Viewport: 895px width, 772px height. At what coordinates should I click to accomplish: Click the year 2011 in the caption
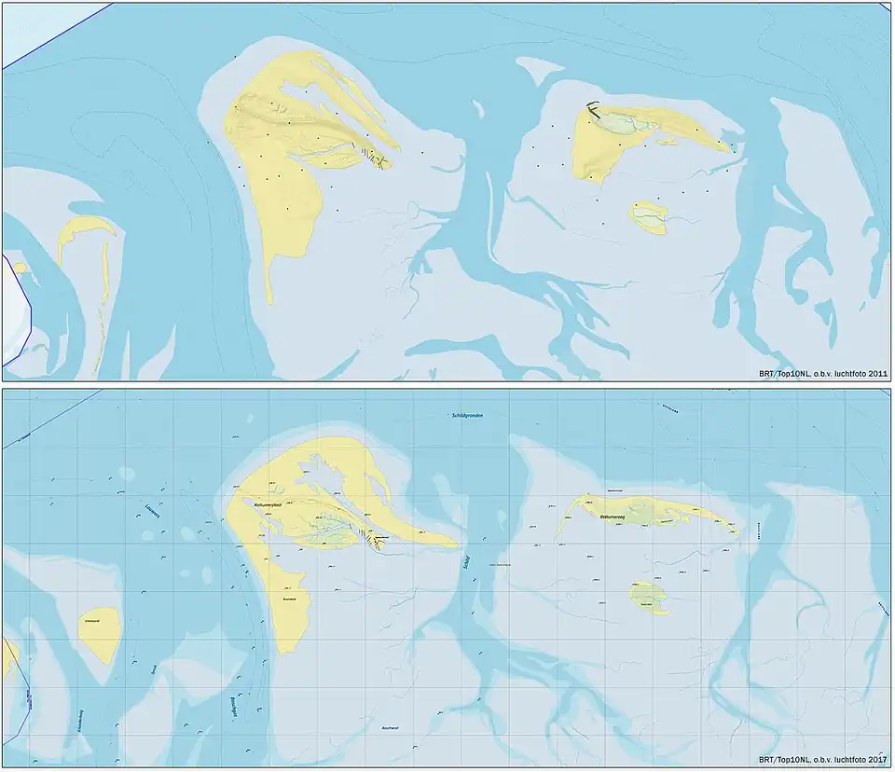[x=875, y=374]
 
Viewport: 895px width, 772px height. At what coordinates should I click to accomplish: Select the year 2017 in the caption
[x=875, y=763]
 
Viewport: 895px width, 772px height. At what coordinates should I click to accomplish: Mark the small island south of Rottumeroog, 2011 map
[x=647, y=217]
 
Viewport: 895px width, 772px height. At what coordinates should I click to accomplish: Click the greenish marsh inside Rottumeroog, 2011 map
[x=616, y=120]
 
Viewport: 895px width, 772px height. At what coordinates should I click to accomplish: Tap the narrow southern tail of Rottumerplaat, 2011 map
[x=269, y=280]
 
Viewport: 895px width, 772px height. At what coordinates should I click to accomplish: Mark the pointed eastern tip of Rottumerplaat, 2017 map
[x=455, y=543]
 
